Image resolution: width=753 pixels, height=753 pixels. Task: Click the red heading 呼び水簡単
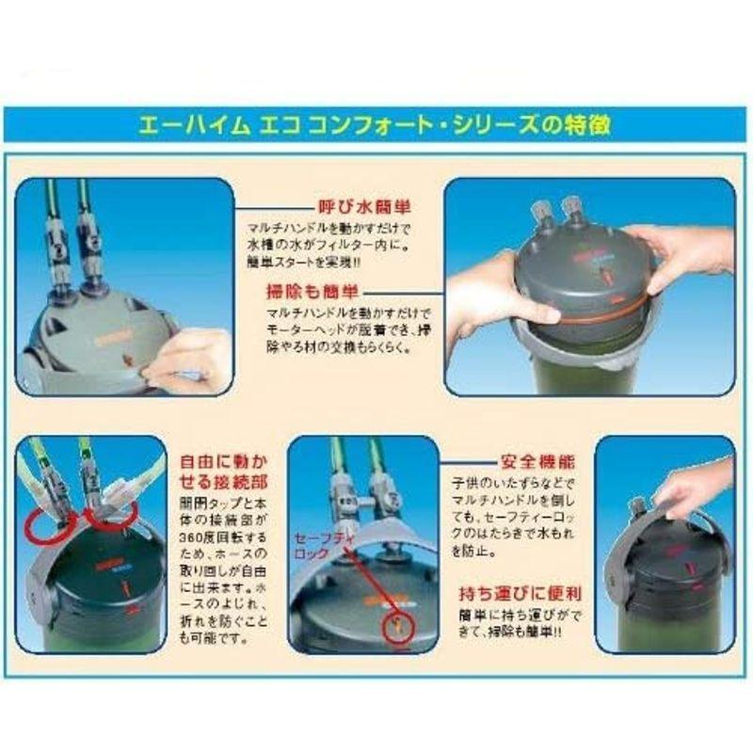[349, 203]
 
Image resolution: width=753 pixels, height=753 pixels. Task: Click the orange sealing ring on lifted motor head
[584, 312]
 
